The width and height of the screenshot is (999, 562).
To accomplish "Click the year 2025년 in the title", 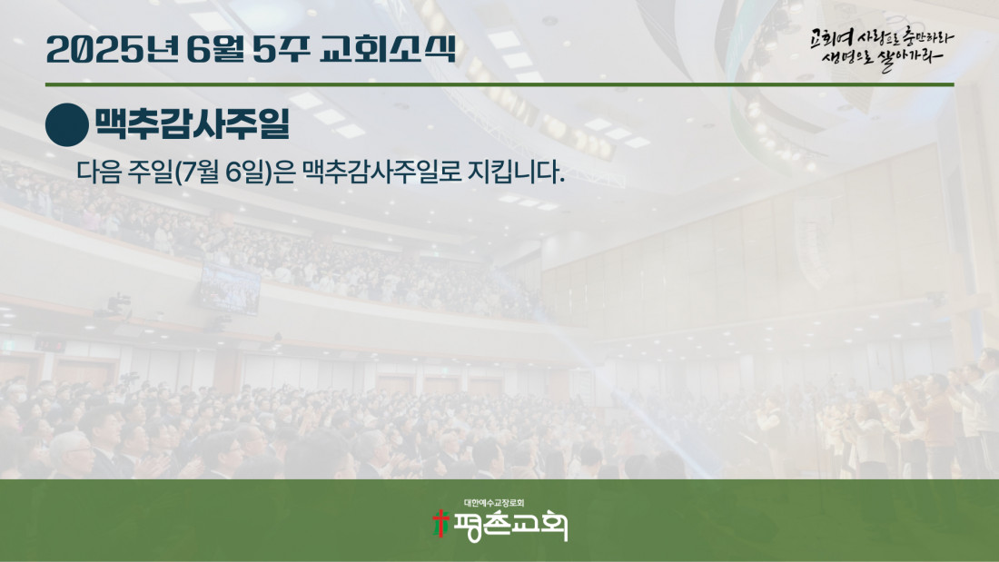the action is point(113,49).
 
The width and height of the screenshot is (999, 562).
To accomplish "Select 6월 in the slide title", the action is point(216,49).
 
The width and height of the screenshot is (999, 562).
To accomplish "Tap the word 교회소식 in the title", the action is point(388,49).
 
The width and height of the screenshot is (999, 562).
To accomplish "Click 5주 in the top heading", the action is point(282,49).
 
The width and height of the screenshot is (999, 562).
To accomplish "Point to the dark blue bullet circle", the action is point(67,125).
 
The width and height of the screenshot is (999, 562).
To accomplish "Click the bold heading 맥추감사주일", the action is point(193,123).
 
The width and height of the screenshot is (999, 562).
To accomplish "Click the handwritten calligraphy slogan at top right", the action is point(881,48).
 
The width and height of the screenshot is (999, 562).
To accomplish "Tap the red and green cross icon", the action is point(440,523).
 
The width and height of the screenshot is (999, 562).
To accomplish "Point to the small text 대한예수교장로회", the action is point(494,503).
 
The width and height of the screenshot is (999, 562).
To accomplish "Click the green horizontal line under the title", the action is point(499,84).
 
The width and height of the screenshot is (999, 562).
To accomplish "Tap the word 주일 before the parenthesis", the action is point(151,172).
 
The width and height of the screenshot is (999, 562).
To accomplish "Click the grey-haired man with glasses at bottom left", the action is point(72,454).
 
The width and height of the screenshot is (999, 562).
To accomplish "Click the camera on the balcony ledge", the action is point(118,302).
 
